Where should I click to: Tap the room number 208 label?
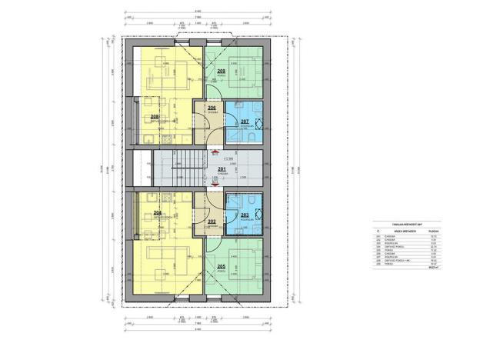coord(155,116)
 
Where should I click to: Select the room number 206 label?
coord(211,108)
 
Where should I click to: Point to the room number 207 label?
coord(244,122)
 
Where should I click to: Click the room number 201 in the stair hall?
coord(222,168)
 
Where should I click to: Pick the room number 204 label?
coord(157,213)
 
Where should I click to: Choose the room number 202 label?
coord(211,222)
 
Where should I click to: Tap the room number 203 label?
coord(244,215)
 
